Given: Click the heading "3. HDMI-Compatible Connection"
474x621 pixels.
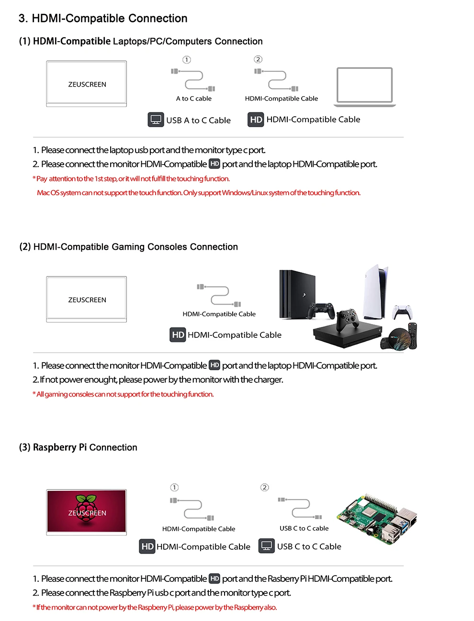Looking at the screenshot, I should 103,19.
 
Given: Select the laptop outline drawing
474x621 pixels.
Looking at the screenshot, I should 365,87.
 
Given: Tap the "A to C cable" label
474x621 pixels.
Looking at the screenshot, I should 193,99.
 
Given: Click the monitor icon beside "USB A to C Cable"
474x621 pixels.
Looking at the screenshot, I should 156,120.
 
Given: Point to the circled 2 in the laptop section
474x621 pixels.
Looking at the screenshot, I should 258,59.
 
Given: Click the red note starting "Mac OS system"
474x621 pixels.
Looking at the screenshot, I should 198,193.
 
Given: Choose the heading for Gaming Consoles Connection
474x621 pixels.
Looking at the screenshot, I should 128,247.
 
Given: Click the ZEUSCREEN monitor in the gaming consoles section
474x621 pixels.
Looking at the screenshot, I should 87,299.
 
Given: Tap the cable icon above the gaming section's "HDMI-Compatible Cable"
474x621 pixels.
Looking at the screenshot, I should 219,296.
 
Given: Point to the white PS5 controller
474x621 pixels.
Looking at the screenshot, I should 402,311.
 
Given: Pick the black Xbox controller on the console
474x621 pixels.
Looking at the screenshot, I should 348,320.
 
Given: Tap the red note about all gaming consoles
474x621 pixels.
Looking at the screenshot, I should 123,394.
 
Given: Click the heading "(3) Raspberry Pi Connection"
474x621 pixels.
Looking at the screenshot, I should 78,447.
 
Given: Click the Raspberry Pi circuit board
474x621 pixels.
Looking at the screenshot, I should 377,519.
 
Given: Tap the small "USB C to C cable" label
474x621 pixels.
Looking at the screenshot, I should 304,528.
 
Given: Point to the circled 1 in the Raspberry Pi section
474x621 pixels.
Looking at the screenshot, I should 174,488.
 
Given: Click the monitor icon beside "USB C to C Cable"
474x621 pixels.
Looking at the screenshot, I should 267,546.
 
